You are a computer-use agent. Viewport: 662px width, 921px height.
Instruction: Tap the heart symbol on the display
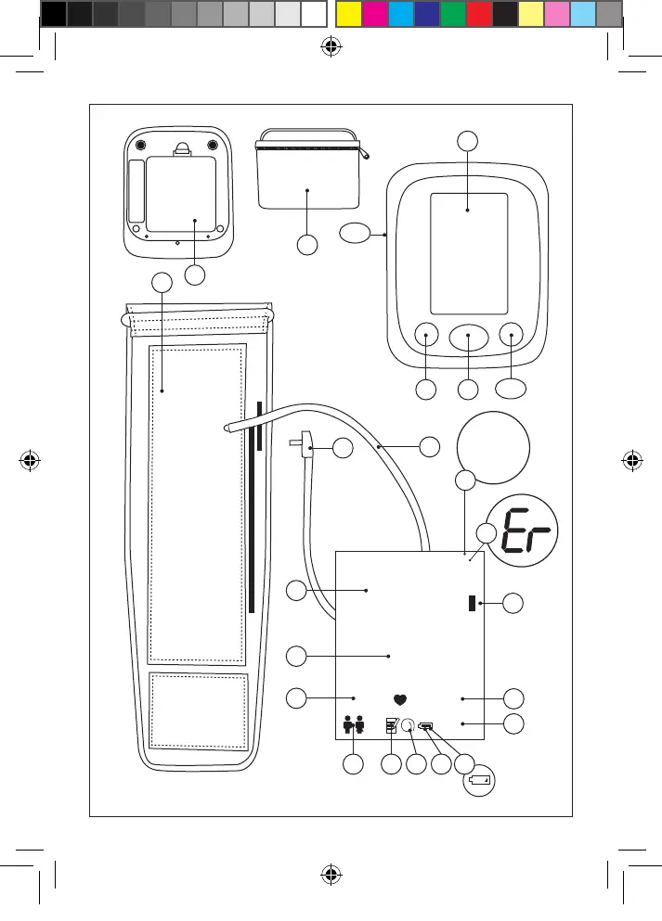click(400, 700)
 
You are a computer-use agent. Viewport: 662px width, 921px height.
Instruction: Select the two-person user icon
click(353, 726)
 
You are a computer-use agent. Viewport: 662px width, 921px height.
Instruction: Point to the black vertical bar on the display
click(472, 604)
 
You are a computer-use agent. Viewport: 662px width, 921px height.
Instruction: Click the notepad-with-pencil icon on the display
click(393, 726)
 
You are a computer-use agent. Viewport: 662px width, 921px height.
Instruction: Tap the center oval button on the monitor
click(468, 336)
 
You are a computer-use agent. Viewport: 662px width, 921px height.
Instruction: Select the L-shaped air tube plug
click(303, 446)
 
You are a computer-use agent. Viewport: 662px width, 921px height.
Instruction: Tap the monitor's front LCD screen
click(468, 253)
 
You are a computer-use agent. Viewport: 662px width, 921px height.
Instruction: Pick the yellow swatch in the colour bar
click(347, 13)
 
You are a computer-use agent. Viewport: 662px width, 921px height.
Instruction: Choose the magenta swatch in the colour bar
click(373, 13)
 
